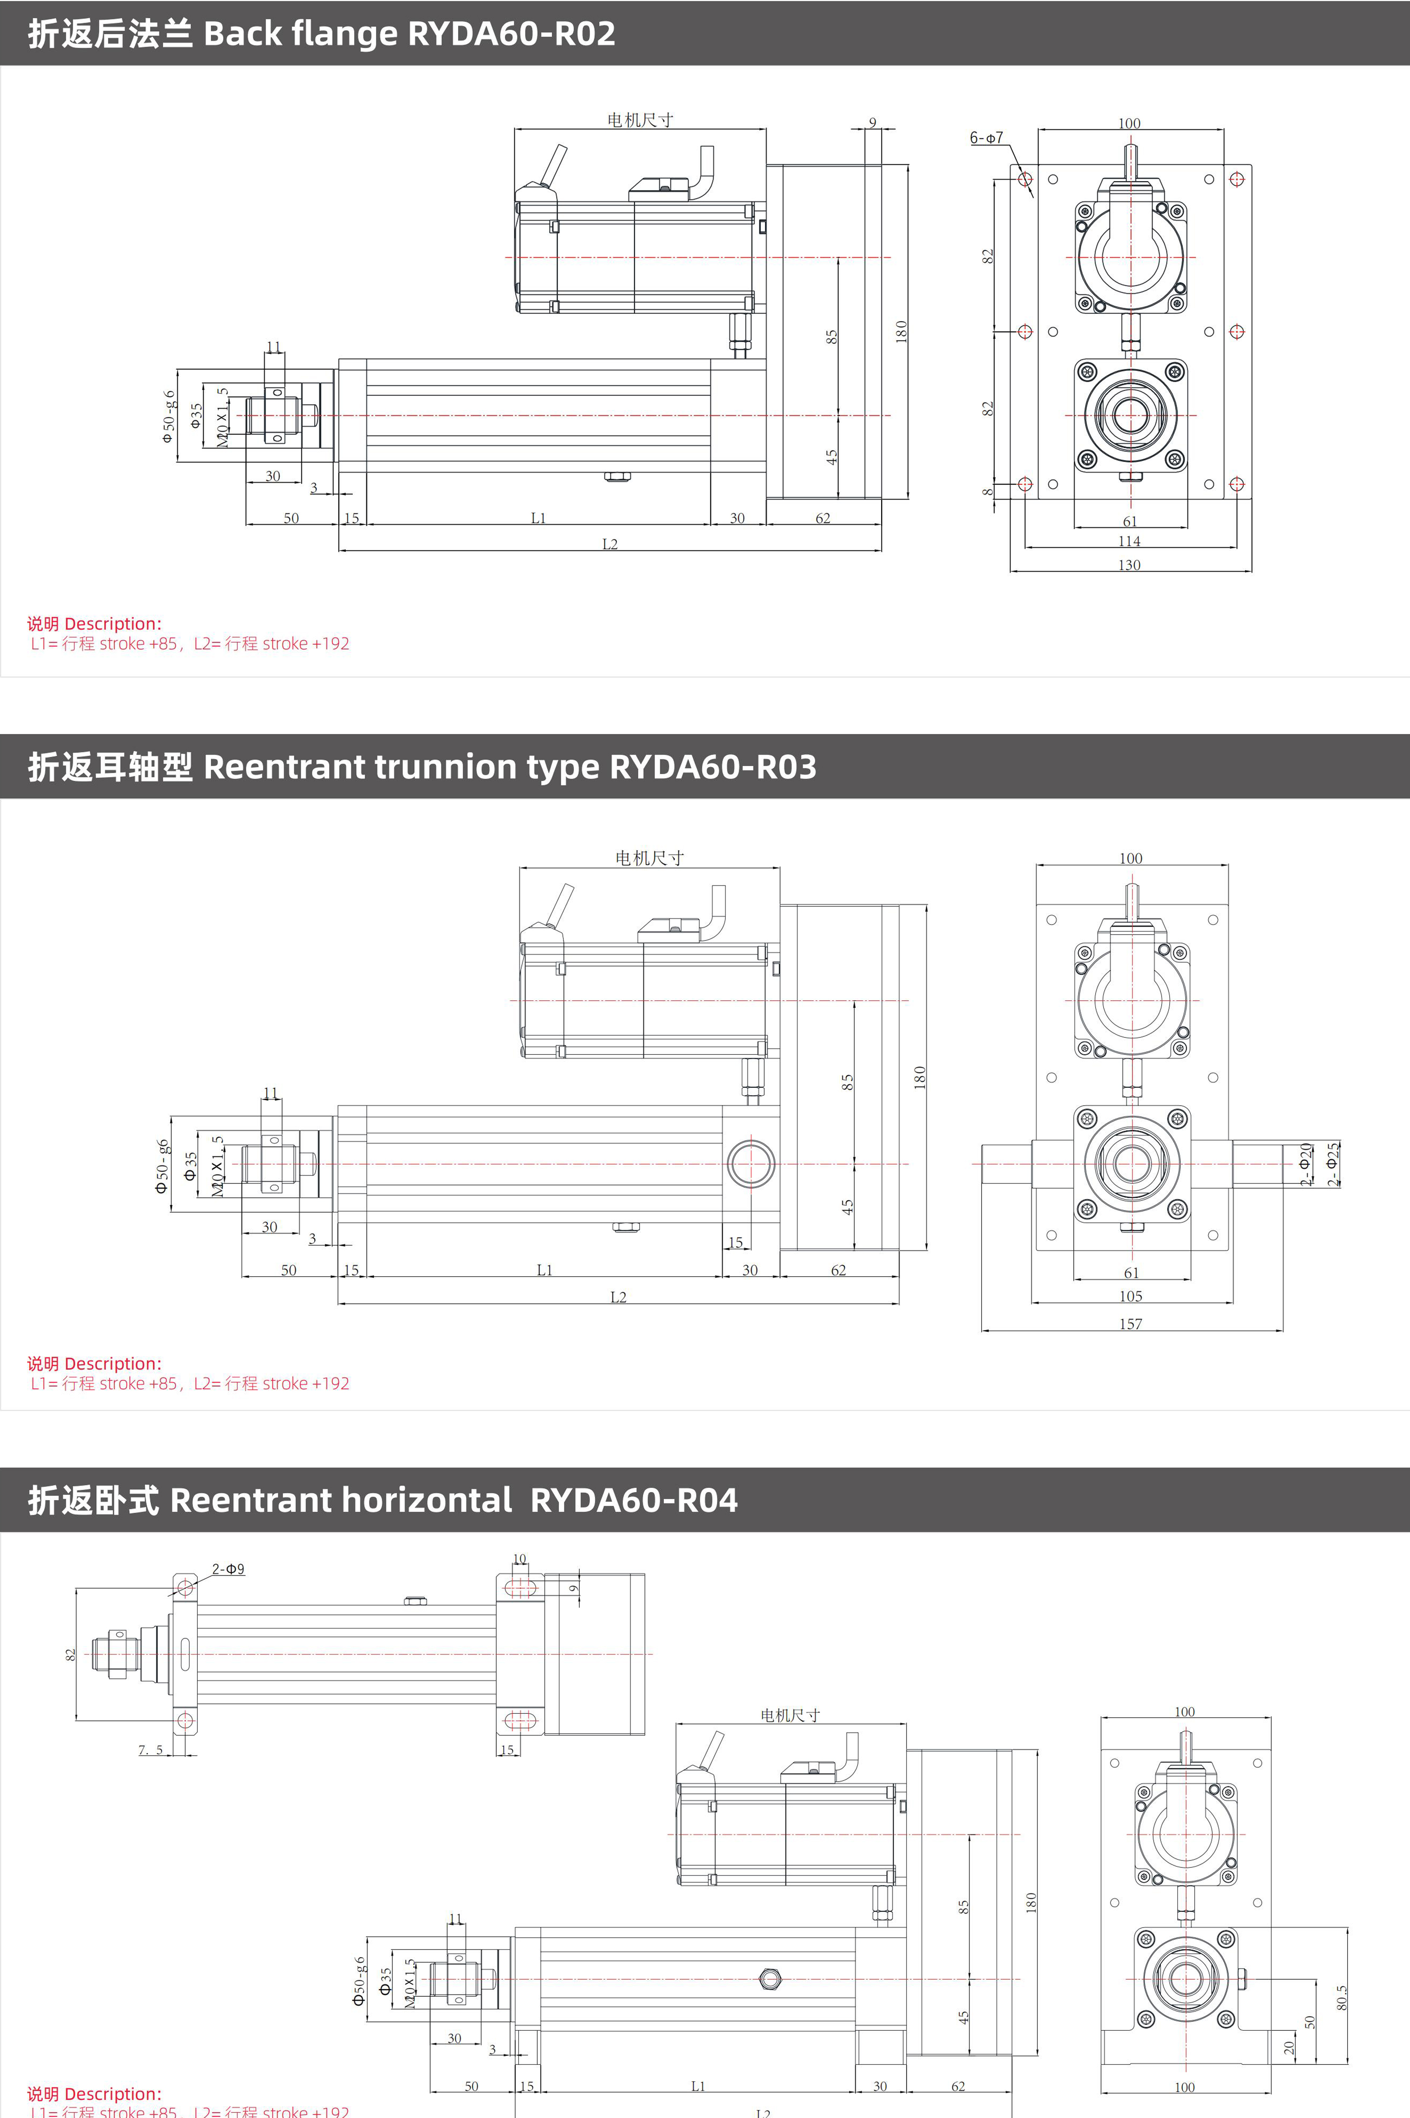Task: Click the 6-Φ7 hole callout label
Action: (985, 138)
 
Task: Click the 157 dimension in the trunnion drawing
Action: (1130, 1323)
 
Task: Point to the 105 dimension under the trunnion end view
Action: (1130, 1295)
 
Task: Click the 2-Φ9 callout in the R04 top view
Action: (228, 1569)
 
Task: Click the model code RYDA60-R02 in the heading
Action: (512, 33)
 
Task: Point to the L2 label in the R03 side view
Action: (618, 1296)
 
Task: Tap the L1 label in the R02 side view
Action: (538, 518)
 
